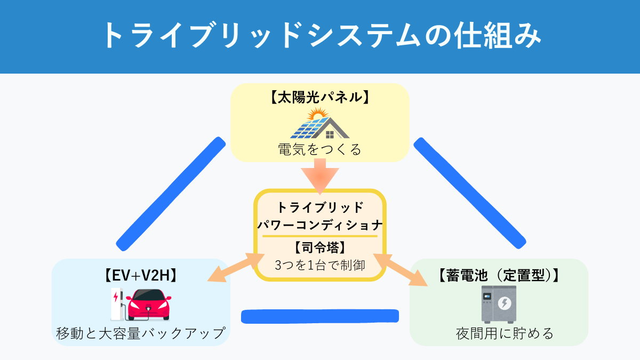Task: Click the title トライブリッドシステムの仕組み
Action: point(320,37)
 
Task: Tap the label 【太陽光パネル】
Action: point(319,98)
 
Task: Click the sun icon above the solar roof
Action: point(317,114)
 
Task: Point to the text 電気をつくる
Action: point(319,149)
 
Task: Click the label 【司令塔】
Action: point(319,247)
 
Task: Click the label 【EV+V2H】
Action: point(141,276)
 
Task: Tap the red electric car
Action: point(149,305)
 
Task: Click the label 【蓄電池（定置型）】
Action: point(498,276)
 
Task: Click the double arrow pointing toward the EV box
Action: point(232,268)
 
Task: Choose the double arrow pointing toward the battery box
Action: point(406,269)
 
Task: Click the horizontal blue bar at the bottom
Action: point(320,316)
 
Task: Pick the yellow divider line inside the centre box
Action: point(319,236)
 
